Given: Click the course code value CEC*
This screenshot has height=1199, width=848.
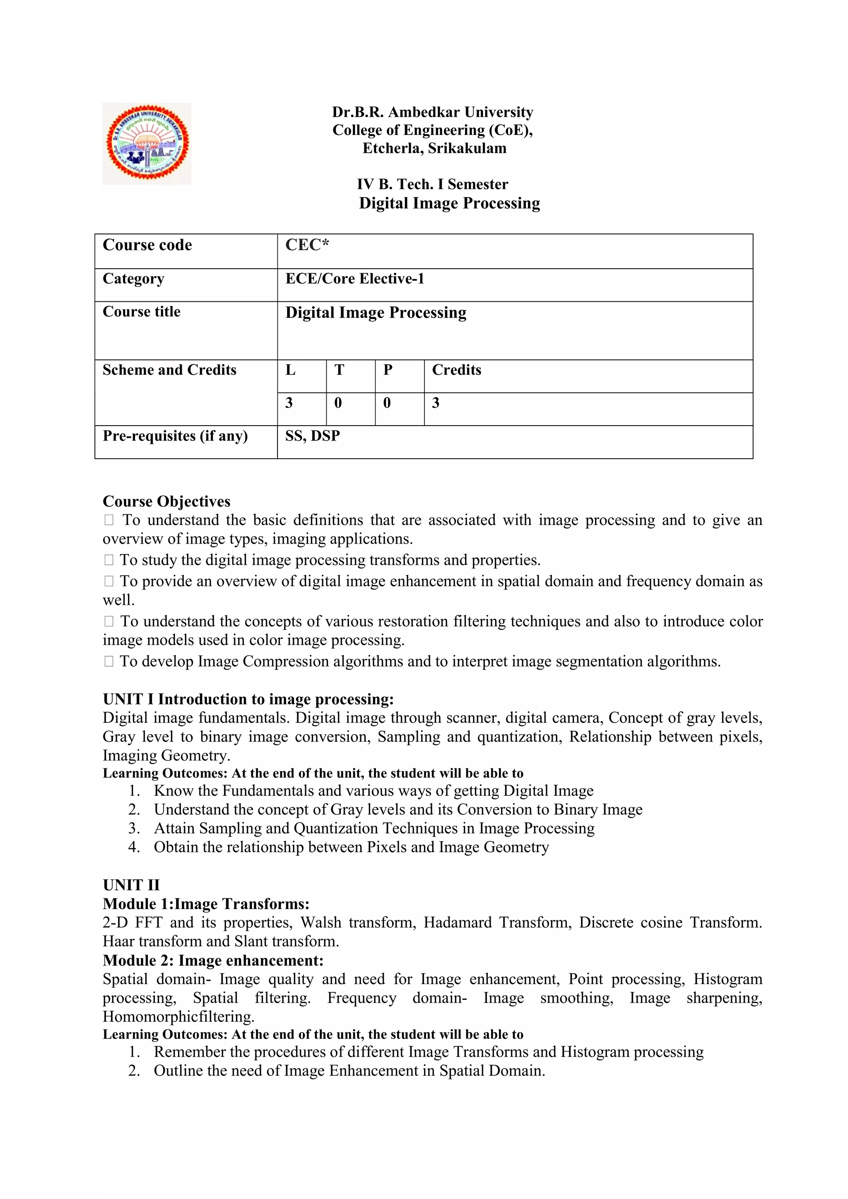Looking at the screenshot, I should click(307, 245).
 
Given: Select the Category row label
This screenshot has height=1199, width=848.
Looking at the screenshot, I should click(133, 279).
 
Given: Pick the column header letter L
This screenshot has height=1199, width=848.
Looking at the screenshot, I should click(290, 370).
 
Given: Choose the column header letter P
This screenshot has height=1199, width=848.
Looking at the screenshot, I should click(388, 370).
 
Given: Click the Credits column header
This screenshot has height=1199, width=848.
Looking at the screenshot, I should click(456, 370).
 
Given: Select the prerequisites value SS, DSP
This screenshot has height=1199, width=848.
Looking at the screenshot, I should click(312, 436).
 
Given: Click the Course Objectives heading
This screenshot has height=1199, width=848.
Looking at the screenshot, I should click(166, 501).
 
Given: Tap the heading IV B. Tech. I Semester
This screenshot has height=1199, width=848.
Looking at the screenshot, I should click(432, 184).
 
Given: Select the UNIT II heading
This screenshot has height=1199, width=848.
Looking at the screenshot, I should click(131, 885).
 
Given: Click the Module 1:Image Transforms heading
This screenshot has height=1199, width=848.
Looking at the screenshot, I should click(206, 904).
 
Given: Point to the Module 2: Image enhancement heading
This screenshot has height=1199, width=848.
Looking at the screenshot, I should click(213, 961).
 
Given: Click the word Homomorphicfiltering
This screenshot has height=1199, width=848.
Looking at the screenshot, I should click(178, 1017).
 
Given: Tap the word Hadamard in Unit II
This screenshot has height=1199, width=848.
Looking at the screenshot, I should click(457, 923).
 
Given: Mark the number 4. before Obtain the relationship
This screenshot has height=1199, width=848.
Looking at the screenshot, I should click(134, 847).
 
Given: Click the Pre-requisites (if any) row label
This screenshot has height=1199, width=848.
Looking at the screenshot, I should click(175, 436).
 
